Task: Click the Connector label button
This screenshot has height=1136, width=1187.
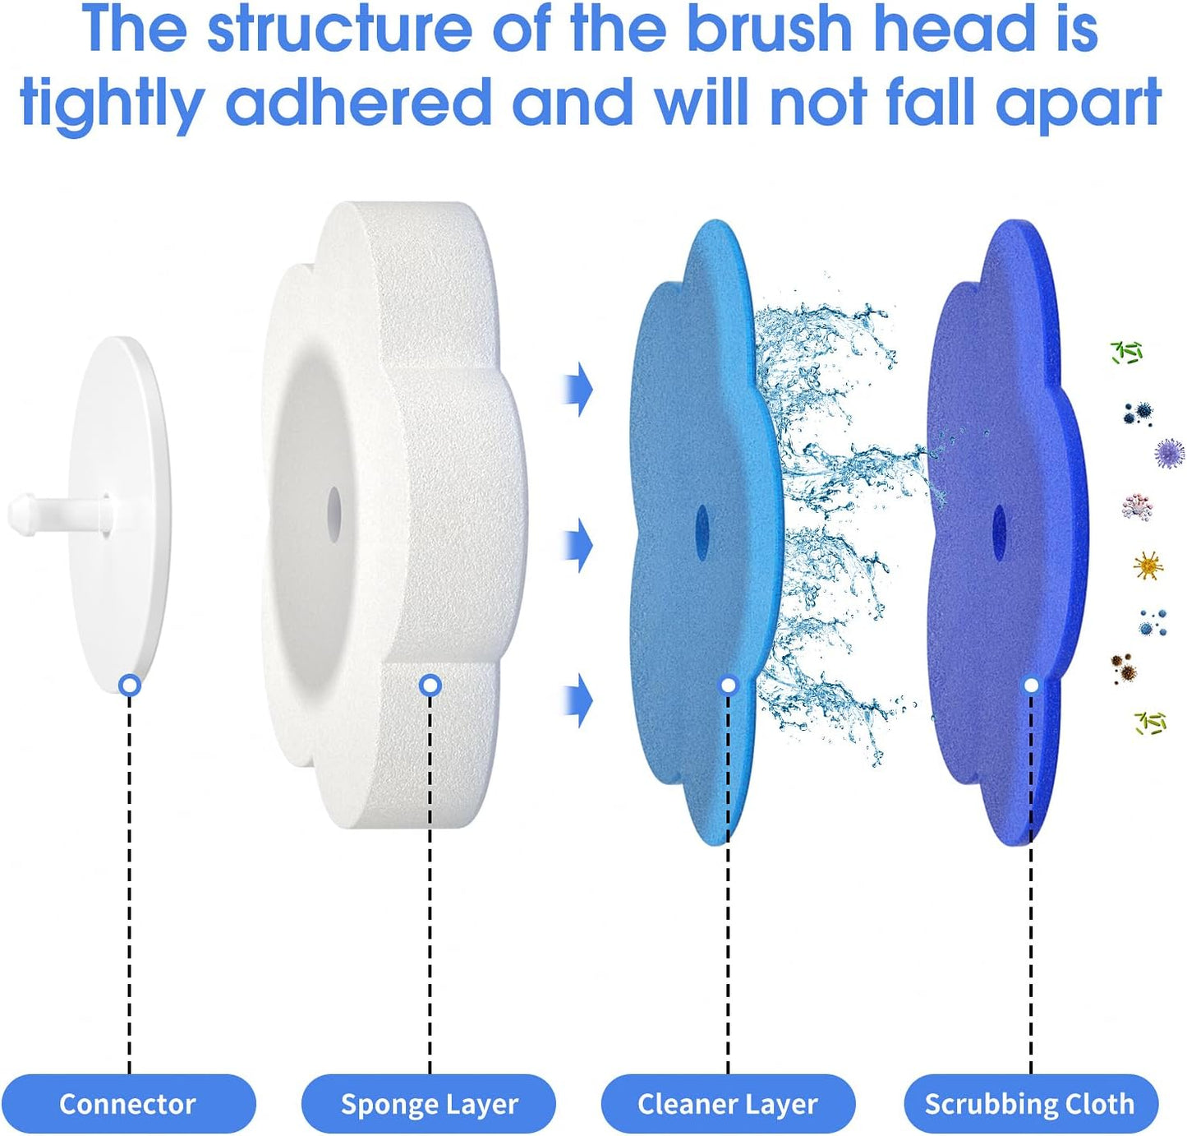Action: tap(127, 1103)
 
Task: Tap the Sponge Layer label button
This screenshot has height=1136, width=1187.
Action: tap(429, 1103)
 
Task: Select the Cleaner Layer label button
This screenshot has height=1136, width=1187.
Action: tap(728, 1103)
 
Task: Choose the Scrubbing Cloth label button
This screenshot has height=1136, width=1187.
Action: tap(1030, 1103)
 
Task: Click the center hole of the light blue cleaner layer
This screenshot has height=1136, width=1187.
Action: tap(702, 523)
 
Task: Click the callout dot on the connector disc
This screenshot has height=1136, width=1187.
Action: tap(129, 685)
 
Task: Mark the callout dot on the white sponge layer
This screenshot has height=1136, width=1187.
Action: tap(430, 685)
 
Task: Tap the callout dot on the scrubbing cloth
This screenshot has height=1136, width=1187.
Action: tap(1031, 685)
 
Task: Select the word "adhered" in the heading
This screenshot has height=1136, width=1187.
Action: tap(358, 104)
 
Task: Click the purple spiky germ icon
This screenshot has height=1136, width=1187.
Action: tap(1169, 453)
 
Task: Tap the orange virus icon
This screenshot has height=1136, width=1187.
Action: tap(1148, 566)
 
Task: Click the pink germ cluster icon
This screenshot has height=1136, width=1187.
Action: tap(1138, 506)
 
